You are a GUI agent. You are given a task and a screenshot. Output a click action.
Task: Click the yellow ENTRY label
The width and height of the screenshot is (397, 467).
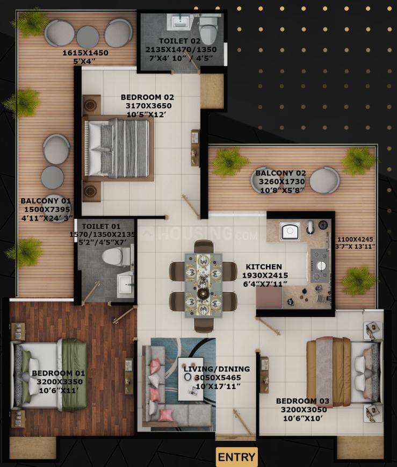(236, 457)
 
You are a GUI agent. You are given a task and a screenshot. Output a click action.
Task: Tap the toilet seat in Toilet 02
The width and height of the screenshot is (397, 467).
(208, 29)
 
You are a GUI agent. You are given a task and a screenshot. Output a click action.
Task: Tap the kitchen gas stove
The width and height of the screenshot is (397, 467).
(320, 265)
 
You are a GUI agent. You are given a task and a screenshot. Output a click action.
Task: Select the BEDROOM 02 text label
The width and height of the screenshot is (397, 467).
(147, 97)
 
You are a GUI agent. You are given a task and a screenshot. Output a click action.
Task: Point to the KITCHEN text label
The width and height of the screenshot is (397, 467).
(264, 267)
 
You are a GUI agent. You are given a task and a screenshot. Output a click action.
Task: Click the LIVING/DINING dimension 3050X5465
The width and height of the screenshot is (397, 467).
(218, 378)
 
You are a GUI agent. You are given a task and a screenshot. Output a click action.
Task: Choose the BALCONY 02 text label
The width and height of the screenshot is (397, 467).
(280, 173)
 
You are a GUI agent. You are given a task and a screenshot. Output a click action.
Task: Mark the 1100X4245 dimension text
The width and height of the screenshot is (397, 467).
(355, 239)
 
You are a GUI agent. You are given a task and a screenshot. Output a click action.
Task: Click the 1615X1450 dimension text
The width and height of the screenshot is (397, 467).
(85, 53)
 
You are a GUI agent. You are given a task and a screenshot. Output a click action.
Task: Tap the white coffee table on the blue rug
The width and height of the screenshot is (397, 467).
(191, 379)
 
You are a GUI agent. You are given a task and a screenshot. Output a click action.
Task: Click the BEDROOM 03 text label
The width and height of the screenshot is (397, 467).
(302, 401)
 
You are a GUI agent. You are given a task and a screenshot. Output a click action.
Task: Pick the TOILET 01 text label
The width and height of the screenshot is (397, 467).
(101, 226)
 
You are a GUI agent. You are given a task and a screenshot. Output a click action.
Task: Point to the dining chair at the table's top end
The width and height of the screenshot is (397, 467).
(204, 246)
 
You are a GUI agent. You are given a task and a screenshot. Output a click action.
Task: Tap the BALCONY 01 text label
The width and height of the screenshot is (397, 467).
(46, 201)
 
